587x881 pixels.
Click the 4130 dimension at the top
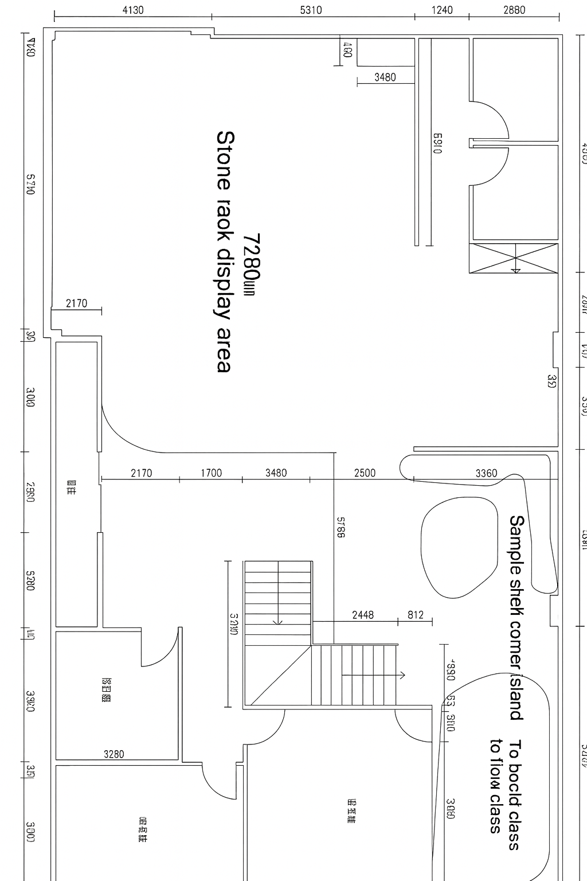point(133,10)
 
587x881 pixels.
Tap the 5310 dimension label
point(311,10)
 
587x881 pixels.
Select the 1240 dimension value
point(441,10)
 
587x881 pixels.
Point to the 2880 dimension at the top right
point(514,10)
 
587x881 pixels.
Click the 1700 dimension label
point(211,473)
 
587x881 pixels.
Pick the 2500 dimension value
point(365,473)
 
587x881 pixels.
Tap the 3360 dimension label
point(486,473)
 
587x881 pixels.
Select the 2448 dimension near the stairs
point(363,615)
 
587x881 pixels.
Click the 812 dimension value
point(416,615)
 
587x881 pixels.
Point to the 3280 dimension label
point(114,754)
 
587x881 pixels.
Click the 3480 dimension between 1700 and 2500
point(276,473)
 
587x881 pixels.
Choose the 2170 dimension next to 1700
point(141,473)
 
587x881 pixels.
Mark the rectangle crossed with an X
point(513,258)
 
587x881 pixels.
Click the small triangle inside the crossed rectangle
point(515,270)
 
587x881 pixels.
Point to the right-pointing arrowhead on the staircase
point(403,675)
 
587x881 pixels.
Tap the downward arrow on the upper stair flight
point(278,621)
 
